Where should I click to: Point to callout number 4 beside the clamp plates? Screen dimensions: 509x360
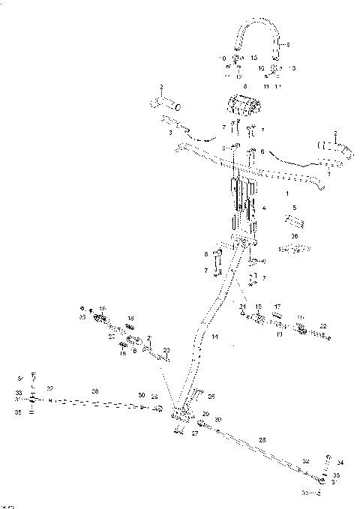coord(262,208)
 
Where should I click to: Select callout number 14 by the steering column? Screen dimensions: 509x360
coord(214,337)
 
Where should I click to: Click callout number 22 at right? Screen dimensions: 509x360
coord(322,326)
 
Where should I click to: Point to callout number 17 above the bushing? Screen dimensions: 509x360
coord(277,307)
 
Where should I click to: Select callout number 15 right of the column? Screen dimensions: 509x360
coord(258,307)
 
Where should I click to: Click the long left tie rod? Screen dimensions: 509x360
coord(97,403)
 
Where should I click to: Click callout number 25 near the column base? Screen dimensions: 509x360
coord(211,396)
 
